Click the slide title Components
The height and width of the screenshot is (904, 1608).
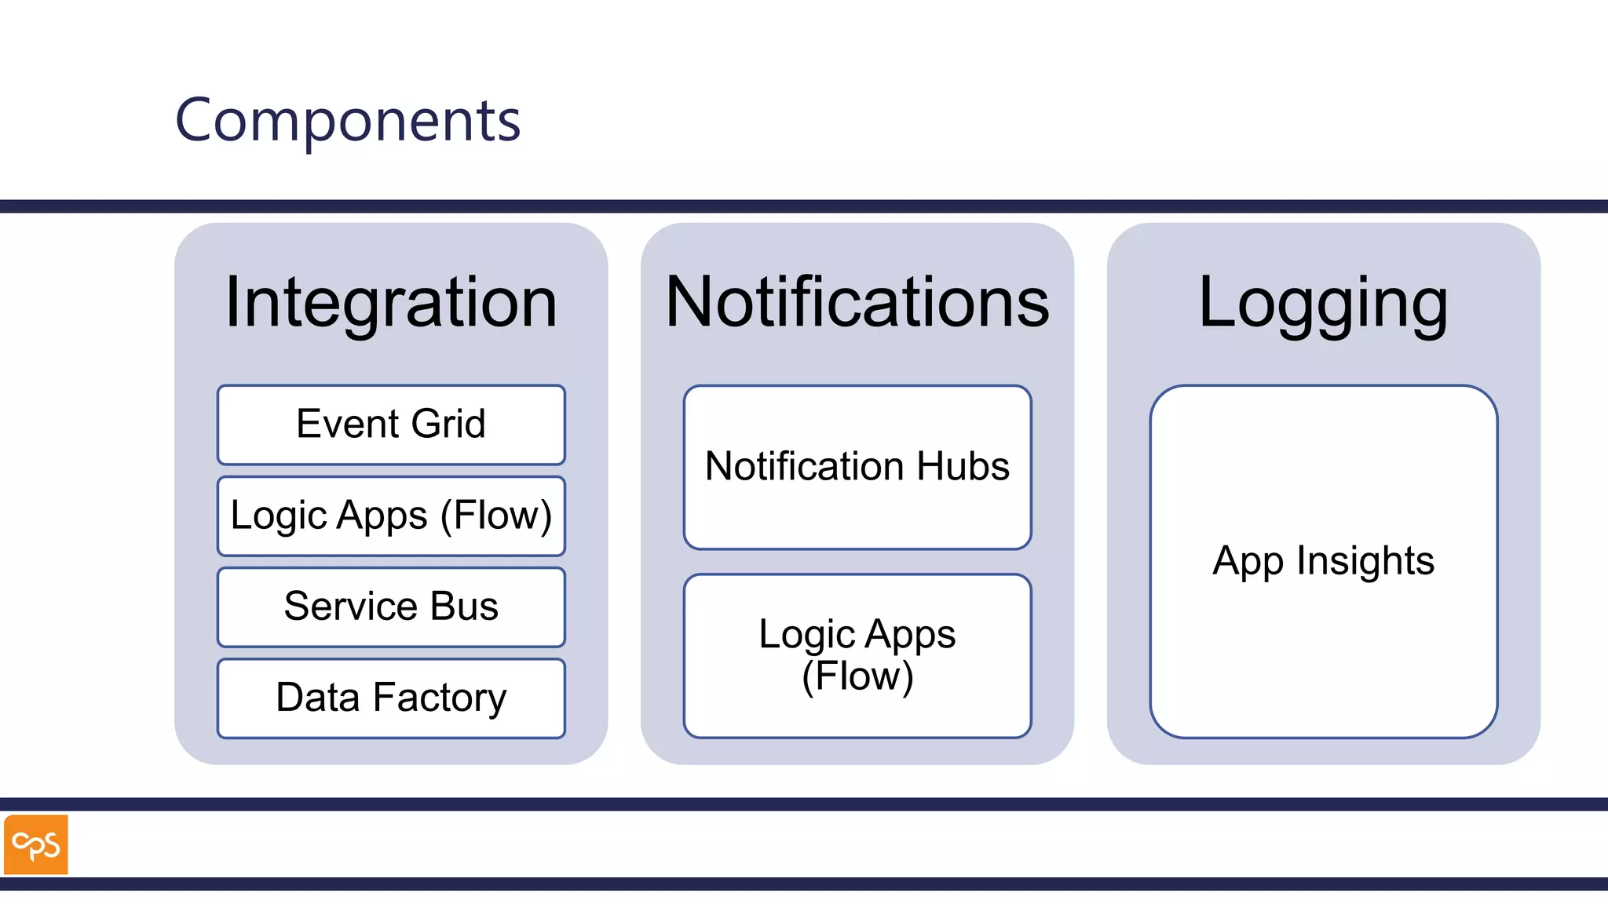click(x=348, y=120)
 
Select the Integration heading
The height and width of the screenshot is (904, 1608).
click(x=391, y=302)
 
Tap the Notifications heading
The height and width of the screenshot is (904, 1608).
click(x=857, y=302)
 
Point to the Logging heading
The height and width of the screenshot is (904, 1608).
click(x=1323, y=304)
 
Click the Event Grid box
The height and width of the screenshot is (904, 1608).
click(x=391, y=425)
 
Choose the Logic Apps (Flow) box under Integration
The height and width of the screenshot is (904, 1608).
click(x=391, y=516)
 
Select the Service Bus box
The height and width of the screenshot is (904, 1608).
click(x=391, y=607)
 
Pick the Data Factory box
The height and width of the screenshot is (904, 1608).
click(x=391, y=698)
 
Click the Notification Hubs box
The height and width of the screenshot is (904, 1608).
click(x=857, y=467)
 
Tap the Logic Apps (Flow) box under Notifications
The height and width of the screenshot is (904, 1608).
click(x=857, y=655)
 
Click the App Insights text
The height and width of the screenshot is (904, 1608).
click(x=1323, y=561)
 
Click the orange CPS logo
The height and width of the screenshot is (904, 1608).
click(x=36, y=844)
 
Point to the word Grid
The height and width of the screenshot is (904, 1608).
click(x=448, y=425)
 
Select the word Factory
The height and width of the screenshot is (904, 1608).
click(x=439, y=698)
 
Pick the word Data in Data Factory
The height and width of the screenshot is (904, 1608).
click(x=317, y=698)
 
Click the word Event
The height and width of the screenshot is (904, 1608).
click(x=348, y=425)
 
